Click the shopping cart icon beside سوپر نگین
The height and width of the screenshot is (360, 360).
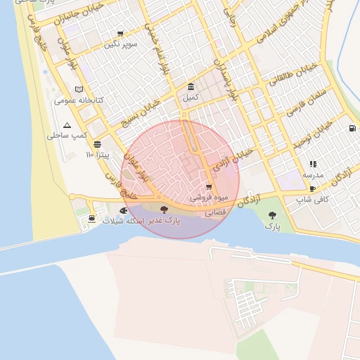[x=120, y=34]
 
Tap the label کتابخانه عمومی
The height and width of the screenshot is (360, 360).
[x=79, y=101]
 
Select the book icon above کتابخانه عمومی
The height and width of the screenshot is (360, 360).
[x=79, y=89]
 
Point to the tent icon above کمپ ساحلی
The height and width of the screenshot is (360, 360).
[x=67, y=124]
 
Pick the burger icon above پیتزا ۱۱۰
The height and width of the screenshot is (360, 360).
[x=97, y=143]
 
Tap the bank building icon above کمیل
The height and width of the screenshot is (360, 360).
[x=191, y=86]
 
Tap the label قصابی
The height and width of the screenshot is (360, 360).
[x=214, y=211]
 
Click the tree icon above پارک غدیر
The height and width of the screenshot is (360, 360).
[x=164, y=210]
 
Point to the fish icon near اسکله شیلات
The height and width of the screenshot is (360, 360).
[x=124, y=210]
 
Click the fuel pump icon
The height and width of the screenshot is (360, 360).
[x=351, y=129]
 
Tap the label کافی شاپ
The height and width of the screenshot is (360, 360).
[x=313, y=200]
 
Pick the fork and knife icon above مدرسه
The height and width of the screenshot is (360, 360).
[x=312, y=164]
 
